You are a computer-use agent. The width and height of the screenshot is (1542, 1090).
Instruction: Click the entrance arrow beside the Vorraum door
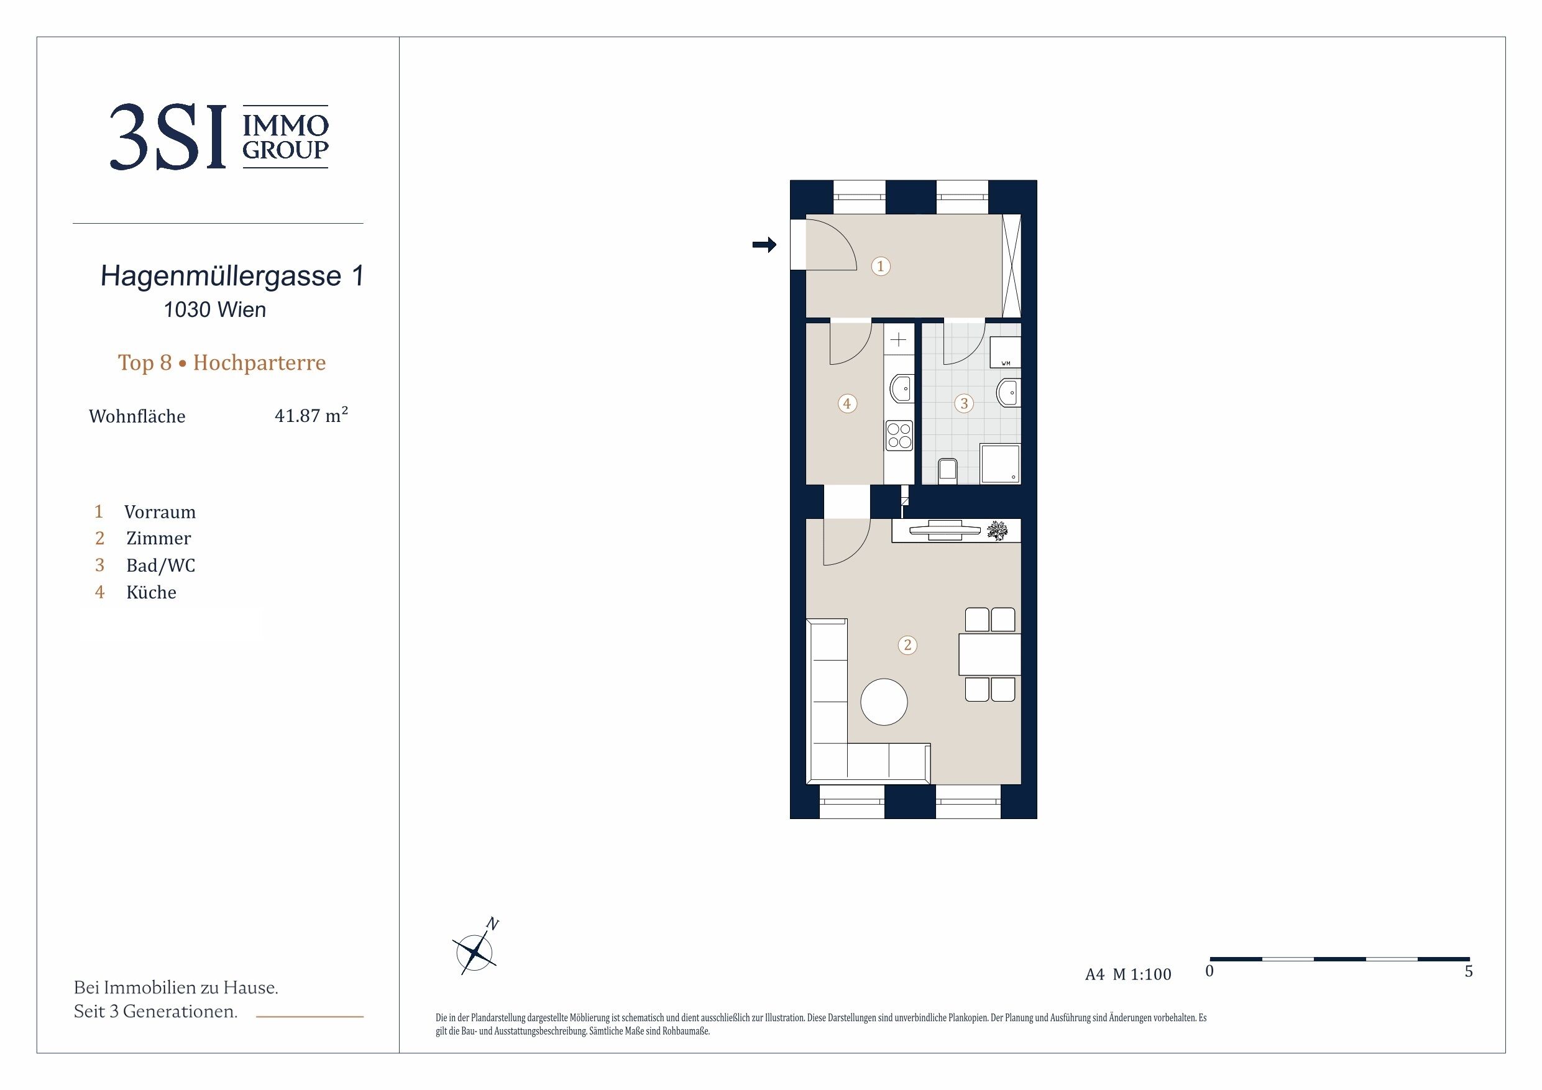764,245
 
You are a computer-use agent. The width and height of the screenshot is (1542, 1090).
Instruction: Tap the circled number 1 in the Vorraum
881,266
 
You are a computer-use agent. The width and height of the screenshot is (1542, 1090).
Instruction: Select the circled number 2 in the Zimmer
907,644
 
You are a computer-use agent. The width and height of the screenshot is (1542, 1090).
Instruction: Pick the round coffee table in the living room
884,702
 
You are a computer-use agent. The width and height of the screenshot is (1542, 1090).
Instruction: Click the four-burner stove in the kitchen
899,434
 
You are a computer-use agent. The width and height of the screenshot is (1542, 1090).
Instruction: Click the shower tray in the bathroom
1000,464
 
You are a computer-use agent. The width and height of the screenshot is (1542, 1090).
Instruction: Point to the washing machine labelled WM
1006,352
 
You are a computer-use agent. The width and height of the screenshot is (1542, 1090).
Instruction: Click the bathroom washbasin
1009,392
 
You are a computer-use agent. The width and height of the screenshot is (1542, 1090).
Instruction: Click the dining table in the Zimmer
990,654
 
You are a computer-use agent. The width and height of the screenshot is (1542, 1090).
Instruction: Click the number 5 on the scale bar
1468,972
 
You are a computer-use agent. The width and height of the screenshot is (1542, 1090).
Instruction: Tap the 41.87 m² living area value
311,415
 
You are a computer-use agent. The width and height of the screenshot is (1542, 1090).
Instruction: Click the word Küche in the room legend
151,592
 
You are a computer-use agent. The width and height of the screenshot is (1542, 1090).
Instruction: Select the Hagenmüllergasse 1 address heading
232,276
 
